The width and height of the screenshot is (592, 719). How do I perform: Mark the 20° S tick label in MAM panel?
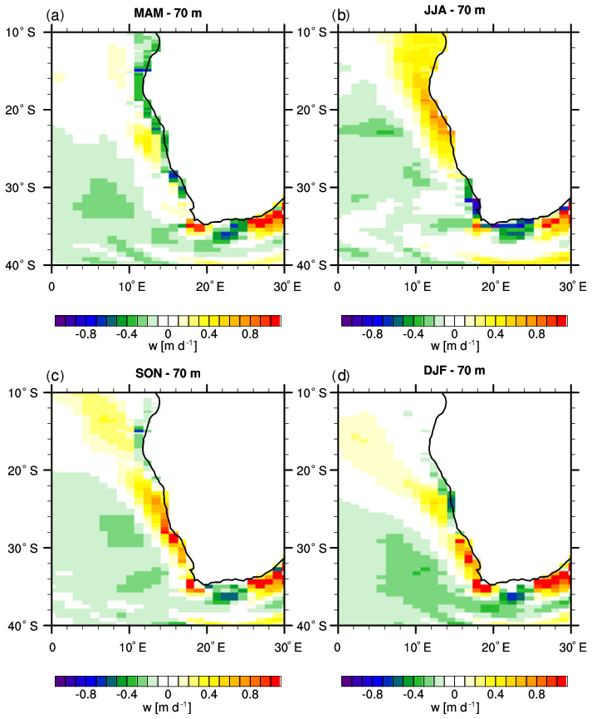(x=28, y=110)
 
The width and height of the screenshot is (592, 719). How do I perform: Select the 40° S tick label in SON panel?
(x=28, y=624)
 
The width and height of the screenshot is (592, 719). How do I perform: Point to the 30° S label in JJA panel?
(x=314, y=187)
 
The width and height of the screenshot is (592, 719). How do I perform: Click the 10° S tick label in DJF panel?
(x=314, y=392)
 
